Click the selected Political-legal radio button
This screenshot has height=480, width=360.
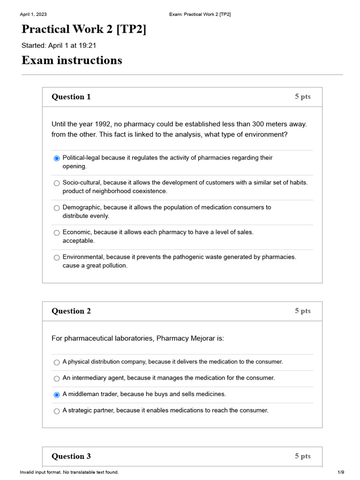coord(57,158)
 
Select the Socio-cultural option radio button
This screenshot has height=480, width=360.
coord(57,183)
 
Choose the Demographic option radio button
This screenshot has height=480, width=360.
coord(57,208)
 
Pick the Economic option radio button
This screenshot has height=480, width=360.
coord(57,232)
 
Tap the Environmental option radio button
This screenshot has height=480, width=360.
coord(57,257)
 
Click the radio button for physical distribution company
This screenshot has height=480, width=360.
coord(57,362)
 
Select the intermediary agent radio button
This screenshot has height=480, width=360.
coord(57,378)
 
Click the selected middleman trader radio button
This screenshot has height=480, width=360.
coord(57,395)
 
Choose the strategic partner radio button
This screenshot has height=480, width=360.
coord(57,411)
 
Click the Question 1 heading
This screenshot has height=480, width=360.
coord(71,97)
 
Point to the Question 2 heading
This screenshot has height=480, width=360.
coord(71,311)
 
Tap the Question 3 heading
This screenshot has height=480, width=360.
coord(71,457)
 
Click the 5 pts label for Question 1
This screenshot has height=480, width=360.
coord(302,97)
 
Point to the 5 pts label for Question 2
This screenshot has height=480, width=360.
coord(302,311)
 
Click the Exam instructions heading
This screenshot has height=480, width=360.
coord(72,60)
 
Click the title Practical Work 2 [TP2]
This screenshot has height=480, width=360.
coord(84,29)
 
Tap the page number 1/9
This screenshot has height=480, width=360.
coord(341,472)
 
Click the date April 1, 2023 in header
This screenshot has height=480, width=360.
coord(33,15)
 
